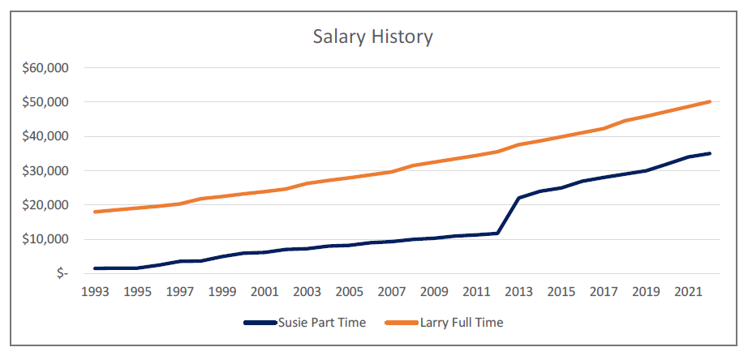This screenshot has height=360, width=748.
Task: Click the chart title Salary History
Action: click(373, 36)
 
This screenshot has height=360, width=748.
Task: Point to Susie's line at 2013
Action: click(518, 198)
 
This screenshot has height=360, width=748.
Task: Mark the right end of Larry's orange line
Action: click(710, 101)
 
